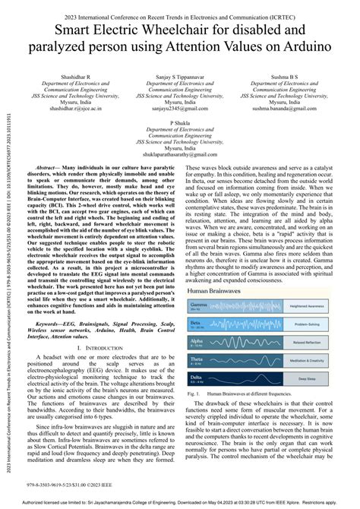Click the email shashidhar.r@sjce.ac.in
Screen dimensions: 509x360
coord(74,109)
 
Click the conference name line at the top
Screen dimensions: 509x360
coord(180,11)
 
